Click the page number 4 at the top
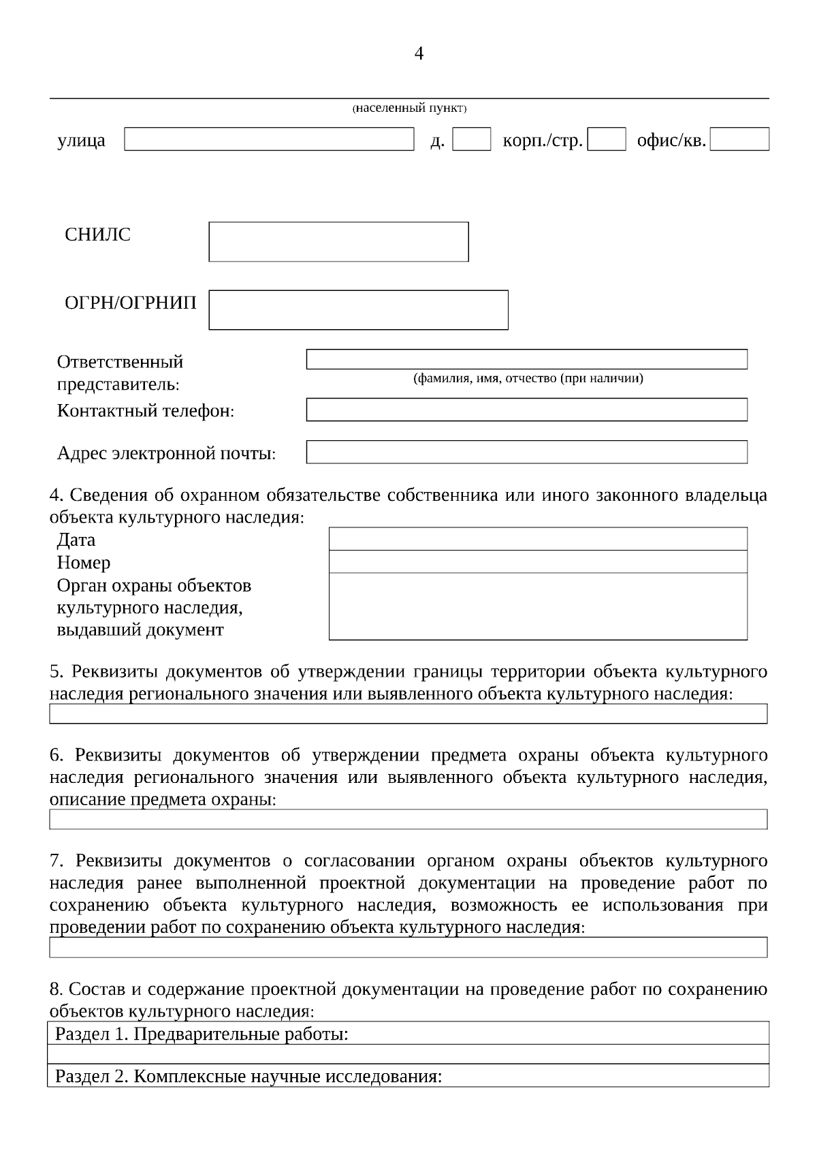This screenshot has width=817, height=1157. pyautogui.click(x=419, y=54)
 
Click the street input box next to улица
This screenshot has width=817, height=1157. pyautogui.click(x=269, y=139)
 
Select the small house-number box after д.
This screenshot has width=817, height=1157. pyautogui.click(x=471, y=139)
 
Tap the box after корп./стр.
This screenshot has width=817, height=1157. pyautogui.click(x=606, y=139)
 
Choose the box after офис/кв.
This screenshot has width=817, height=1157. pyautogui.click(x=739, y=139)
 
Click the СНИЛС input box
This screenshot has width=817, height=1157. pyautogui.click(x=338, y=241)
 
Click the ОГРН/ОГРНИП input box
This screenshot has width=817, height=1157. pyautogui.click(x=358, y=310)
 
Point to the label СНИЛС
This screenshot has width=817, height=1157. pyautogui.click(x=97, y=235)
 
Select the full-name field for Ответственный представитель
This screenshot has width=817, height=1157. pyautogui.click(x=526, y=359)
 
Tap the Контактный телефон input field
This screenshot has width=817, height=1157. pyautogui.click(x=526, y=410)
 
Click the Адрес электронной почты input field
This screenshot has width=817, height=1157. pyautogui.click(x=526, y=452)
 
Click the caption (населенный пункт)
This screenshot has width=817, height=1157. pyautogui.click(x=409, y=108)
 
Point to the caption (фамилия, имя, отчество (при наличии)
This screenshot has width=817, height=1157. pyautogui.click(x=528, y=378)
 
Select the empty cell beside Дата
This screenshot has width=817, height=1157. pyautogui.click(x=538, y=539)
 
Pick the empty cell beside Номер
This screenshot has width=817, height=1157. pyautogui.click(x=538, y=561)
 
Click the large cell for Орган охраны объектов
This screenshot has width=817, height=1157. pyautogui.click(x=538, y=606)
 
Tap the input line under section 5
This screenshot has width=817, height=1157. pyautogui.click(x=408, y=713)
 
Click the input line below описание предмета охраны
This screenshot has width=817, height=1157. pyautogui.click(x=408, y=818)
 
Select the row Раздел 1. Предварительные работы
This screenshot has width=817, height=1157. pyautogui.click(x=408, y=1034)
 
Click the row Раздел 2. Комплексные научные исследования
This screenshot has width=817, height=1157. pyautogui.click(x=408, y=1077)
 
